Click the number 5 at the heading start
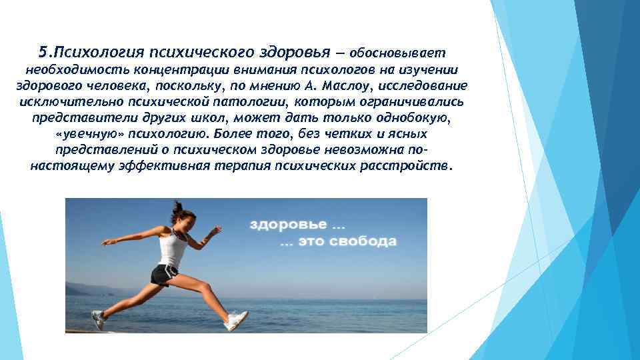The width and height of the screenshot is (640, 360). click(43, 52)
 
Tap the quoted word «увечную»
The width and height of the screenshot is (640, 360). click(84, 134)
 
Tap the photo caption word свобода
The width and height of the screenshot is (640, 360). click(367, 241)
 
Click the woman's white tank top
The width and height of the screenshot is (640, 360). click(173, 248)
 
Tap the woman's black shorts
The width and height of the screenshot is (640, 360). click(163, 273)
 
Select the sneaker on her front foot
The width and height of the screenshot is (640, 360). click(237, 321)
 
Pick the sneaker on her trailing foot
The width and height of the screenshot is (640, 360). click(98, 319)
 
